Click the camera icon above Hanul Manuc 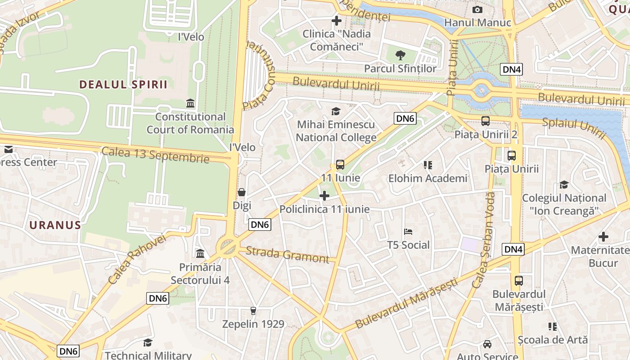pos(477,9)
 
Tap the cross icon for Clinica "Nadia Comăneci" pos(337,20)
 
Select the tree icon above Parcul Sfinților pos(400,55)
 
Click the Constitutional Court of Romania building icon pos(190,103)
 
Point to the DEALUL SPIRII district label pos(123,85)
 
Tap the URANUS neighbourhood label pos(55,225)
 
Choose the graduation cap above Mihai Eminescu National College pos(336,111)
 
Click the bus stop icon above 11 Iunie pos(340,165)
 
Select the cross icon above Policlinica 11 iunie pos(324,196)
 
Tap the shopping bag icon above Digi pos(242,192)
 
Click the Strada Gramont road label pos(288,255)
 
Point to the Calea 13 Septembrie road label pos(156,155)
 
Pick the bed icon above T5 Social pos(409,232)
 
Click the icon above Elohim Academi pos(427,165)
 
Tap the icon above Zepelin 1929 pos(253,311)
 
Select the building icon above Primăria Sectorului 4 pos(200,254)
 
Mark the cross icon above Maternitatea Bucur pos(603,237)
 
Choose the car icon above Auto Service pos(487,344)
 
